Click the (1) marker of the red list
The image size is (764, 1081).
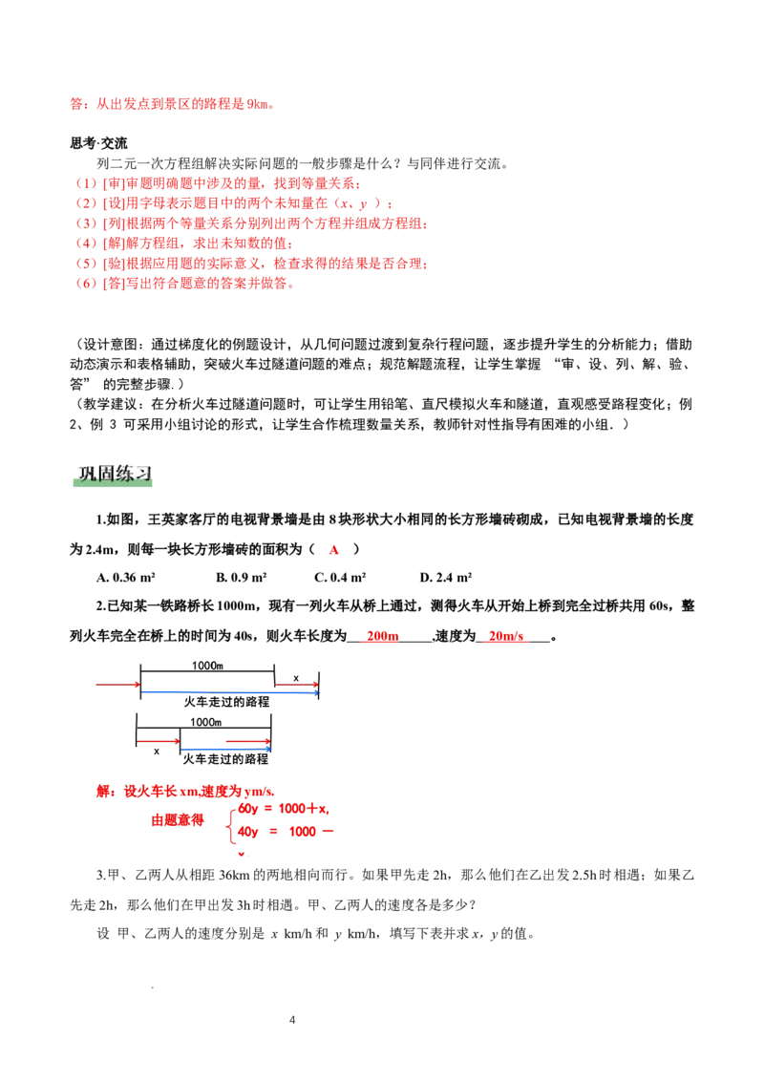tap(87, 182)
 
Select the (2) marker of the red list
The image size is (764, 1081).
tap(87, 203)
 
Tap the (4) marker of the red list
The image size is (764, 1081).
tap(87, 244)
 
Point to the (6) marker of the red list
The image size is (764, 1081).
tap(87, 284)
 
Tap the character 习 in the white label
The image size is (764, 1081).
tap(140, 474)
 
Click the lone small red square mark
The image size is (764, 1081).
tap(334, 550)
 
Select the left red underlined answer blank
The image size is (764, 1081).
tap(380, 638)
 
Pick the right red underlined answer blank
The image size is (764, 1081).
tap(506, 638)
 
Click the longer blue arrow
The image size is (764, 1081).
tap(229, 691)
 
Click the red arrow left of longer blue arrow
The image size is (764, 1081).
tap(116, 684)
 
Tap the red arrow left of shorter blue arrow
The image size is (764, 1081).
tap(158, 741)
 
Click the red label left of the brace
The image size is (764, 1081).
tap(177, 820)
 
